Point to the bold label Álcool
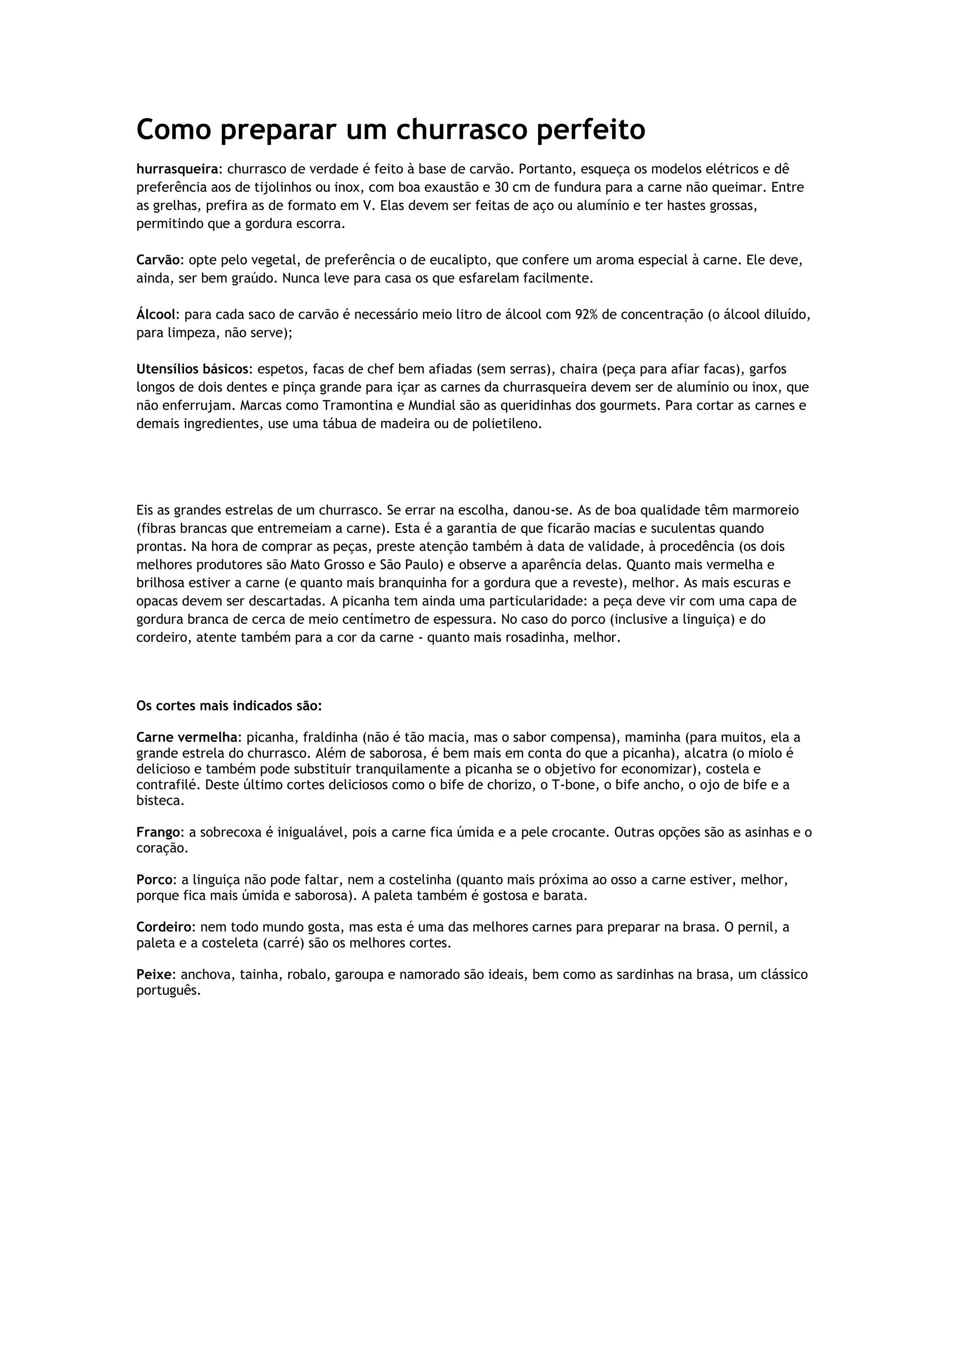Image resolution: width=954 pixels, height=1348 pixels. click(x=157, y=315)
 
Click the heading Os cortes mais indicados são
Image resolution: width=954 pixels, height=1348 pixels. click(x=229, y=706)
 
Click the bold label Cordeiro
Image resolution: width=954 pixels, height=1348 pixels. click(x=164, y=928)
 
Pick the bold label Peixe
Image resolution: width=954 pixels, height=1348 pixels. click(x=155, y=975)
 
